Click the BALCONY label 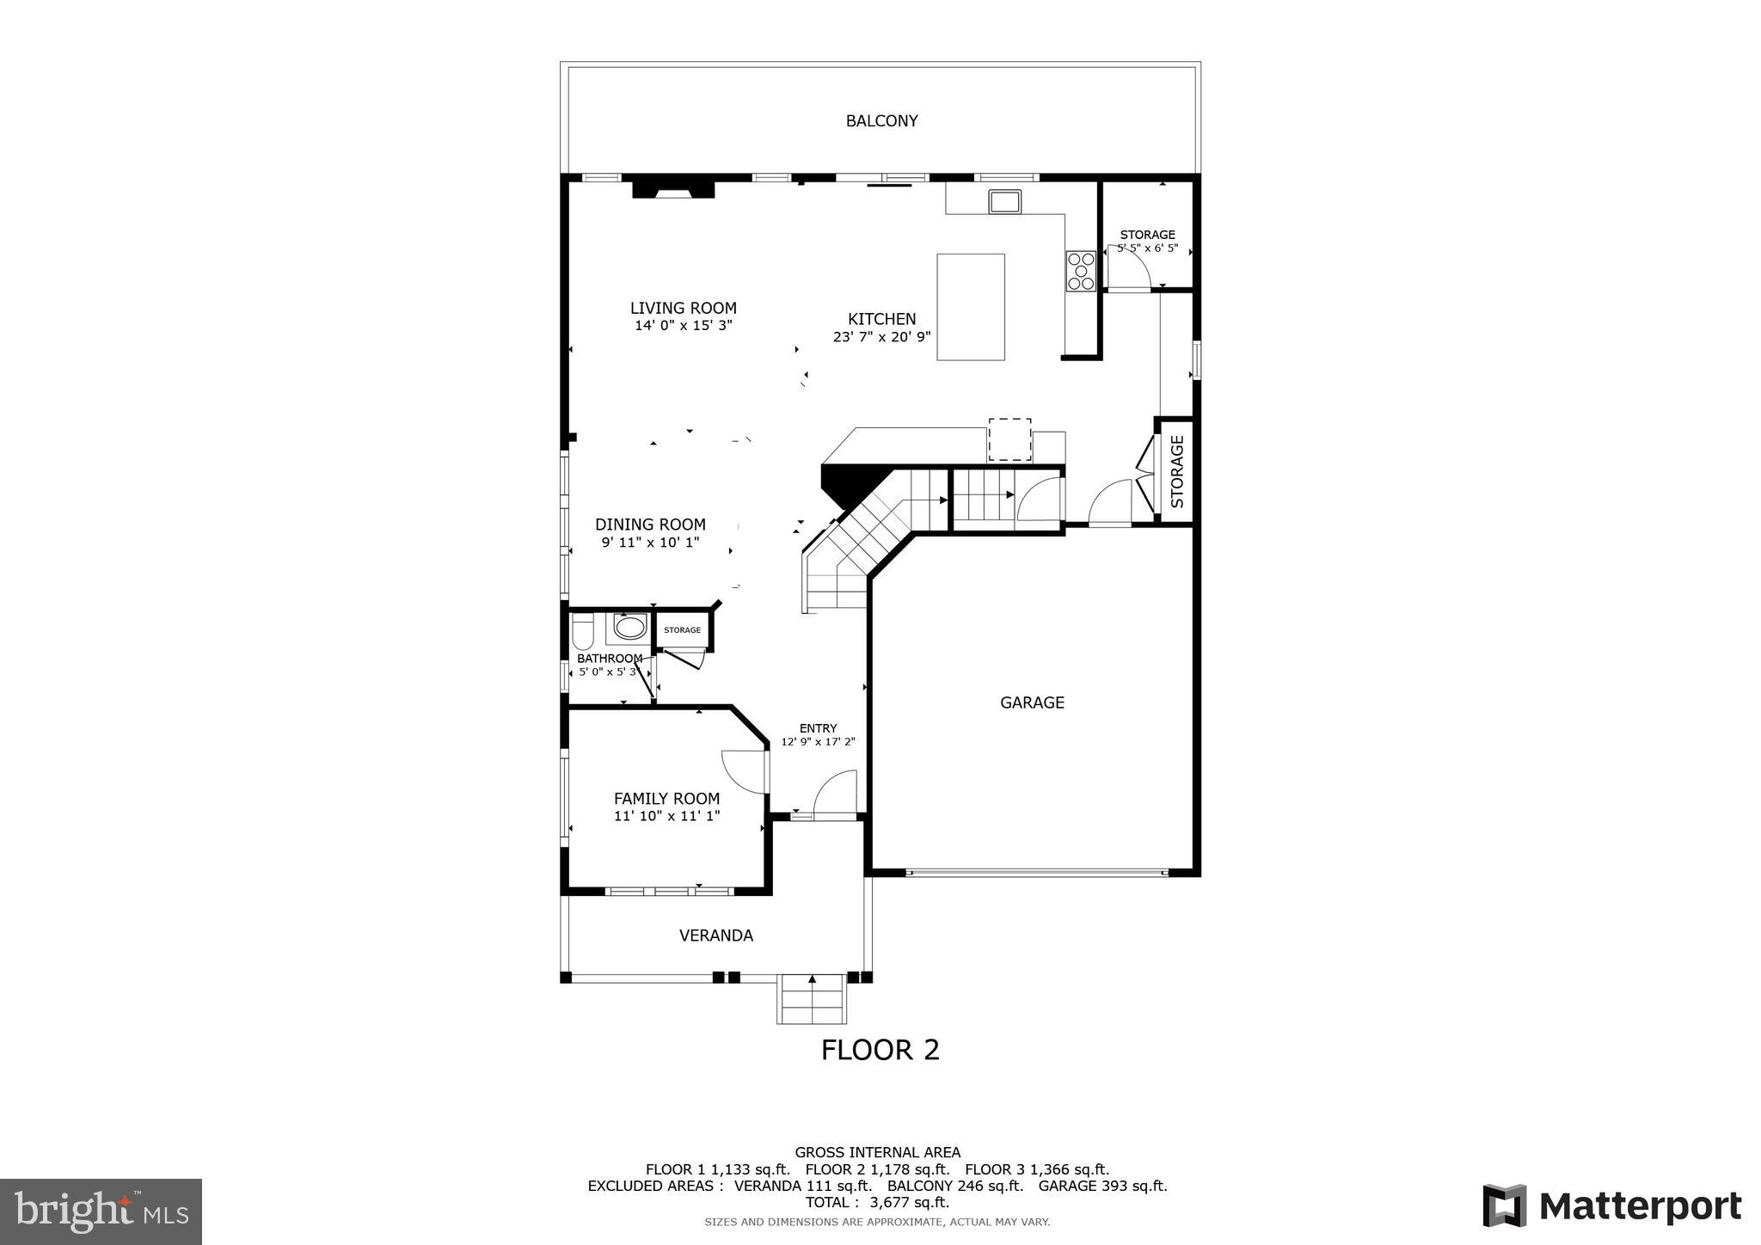click(x=881, y=121)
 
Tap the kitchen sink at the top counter click(x=1004, y=202)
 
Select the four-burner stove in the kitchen click(x=1081, y=270)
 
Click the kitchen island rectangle click(x=970, y=306)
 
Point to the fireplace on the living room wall click(x=673, y=188)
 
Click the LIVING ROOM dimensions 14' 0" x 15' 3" click(x=683, y=326)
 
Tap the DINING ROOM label click(x=650, y=524)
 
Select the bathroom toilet click(x=582, y=635)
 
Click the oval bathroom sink click(x=629, y=628)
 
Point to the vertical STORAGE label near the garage click(x=1177, y=471)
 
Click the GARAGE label click(x=1032, y=702)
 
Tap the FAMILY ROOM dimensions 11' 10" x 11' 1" click(x=666, y=816)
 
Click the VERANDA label click(x=715, y=935)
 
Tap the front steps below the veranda click(x=812, y=999)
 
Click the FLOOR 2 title click(x=880, y=1050)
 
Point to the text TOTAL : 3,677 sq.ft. click(x=877, y=1202)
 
